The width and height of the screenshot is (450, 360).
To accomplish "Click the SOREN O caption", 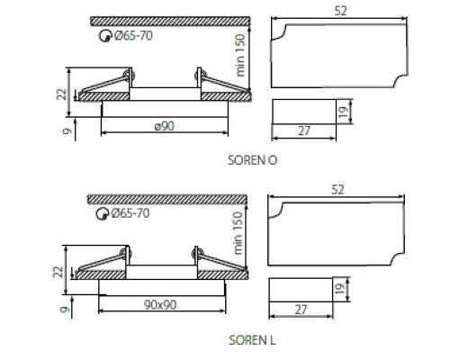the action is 252,160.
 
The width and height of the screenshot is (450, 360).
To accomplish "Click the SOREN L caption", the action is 252,340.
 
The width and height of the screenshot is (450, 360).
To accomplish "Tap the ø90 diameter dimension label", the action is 165,126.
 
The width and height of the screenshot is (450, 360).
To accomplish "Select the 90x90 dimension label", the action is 160,305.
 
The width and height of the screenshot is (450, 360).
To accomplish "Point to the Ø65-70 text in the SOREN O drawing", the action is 133,36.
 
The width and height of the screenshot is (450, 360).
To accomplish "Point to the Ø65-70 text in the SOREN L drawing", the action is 130,213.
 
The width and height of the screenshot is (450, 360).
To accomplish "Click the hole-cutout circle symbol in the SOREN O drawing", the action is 105,36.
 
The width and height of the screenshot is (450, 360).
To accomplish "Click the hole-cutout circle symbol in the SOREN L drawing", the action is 102,214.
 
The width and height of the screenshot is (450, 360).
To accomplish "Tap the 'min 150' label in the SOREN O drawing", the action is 240,56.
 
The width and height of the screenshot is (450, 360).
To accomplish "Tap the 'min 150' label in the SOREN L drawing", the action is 237,233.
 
